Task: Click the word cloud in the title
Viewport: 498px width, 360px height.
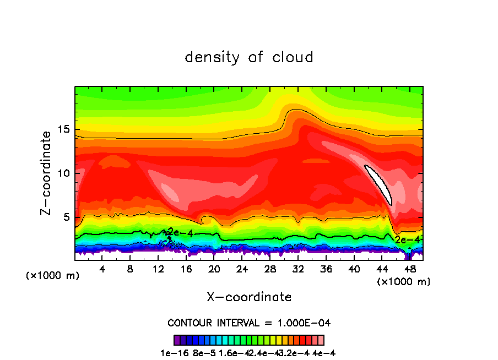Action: (x=293, y=57)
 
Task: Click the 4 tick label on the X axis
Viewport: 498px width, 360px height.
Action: (x=102, y=270)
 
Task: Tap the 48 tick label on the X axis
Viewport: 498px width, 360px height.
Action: (x=410, y=270)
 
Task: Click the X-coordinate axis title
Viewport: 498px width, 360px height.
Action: (x=249, y=297)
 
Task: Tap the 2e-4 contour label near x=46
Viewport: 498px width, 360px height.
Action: (x=408, y=239)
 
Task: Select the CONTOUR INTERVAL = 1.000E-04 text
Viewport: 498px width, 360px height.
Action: (x=249, y=323)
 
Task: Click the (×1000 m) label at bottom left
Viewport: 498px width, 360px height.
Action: (x=53, y=275)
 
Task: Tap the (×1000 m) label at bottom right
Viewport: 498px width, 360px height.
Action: (x=404, y=282)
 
